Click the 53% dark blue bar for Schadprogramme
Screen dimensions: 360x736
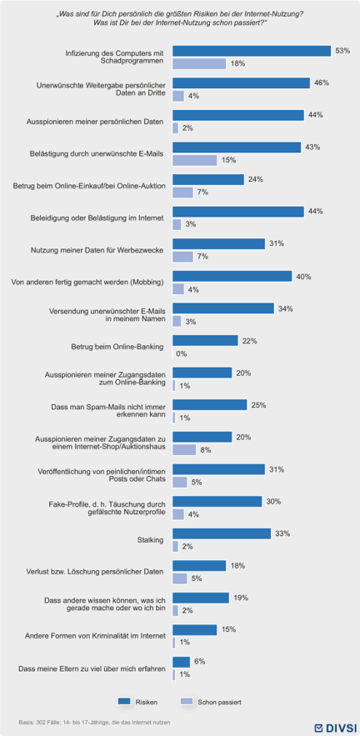tap(252, 51)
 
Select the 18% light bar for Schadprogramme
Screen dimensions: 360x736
tap(199, 63)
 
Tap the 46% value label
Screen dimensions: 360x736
tap(322, 83)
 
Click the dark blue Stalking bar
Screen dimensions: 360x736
tap(222, 533)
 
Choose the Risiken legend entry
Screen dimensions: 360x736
tap(137, 702)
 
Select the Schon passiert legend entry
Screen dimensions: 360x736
tap(210, 702)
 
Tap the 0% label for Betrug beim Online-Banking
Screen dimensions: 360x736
tap(182, 353)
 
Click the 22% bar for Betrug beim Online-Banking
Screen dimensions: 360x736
tap(206, 340)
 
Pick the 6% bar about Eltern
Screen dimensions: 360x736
tap(181, 662)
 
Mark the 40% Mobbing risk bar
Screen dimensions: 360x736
tap(232, 276)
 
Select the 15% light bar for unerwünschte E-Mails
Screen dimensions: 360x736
tap(195, 160)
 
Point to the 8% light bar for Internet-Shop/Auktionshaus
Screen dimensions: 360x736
tap(184, 449)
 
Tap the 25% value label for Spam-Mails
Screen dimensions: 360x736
tap(258, 404)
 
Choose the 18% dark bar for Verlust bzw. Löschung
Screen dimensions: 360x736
tap(199, 565)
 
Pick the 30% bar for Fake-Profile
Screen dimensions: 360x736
tap(217, 501)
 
